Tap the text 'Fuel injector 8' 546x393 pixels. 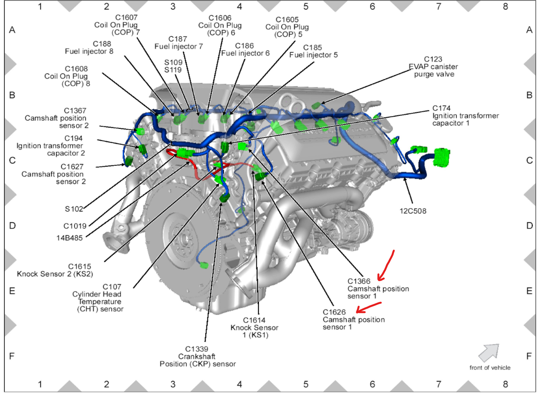click(x=89, y=51)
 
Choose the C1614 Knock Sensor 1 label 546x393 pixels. click(x=255, y=328)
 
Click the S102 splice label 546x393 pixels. click(x=74, y=209)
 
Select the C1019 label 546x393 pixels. click(x=75, y=226)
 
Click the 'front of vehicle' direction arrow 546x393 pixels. click(x=489, y=352)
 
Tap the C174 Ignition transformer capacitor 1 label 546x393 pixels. click(x=466, y=116)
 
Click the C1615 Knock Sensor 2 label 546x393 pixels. click(x=55, y=270)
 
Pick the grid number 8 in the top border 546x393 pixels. click(x=505, y=6)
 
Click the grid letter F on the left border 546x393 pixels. click(x=12, y=356)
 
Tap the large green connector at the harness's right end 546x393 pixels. click(x=442, y=157)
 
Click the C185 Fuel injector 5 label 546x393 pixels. click(x=313, y=51)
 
